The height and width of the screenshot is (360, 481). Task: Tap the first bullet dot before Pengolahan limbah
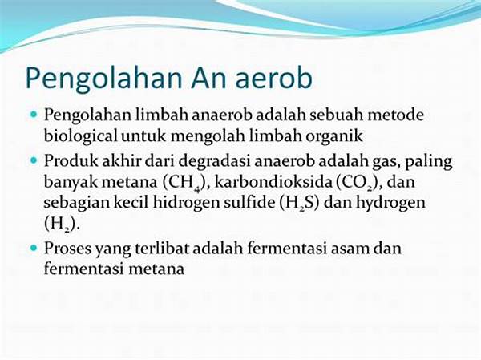click(34, 115)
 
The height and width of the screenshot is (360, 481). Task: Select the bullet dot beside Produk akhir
click(34, 160)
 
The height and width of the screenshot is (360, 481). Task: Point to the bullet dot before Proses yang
click(34, 248)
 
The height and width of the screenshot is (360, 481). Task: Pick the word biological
click(81, 136)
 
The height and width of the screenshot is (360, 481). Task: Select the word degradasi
click(214, 161)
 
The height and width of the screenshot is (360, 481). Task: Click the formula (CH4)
click(184, 183)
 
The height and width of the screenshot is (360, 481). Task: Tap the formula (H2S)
click(300, 204)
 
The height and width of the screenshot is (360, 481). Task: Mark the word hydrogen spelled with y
click(390, 204)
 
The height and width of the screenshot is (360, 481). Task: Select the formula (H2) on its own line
click(62, 224)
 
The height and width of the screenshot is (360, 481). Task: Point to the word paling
click(429, 162)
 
